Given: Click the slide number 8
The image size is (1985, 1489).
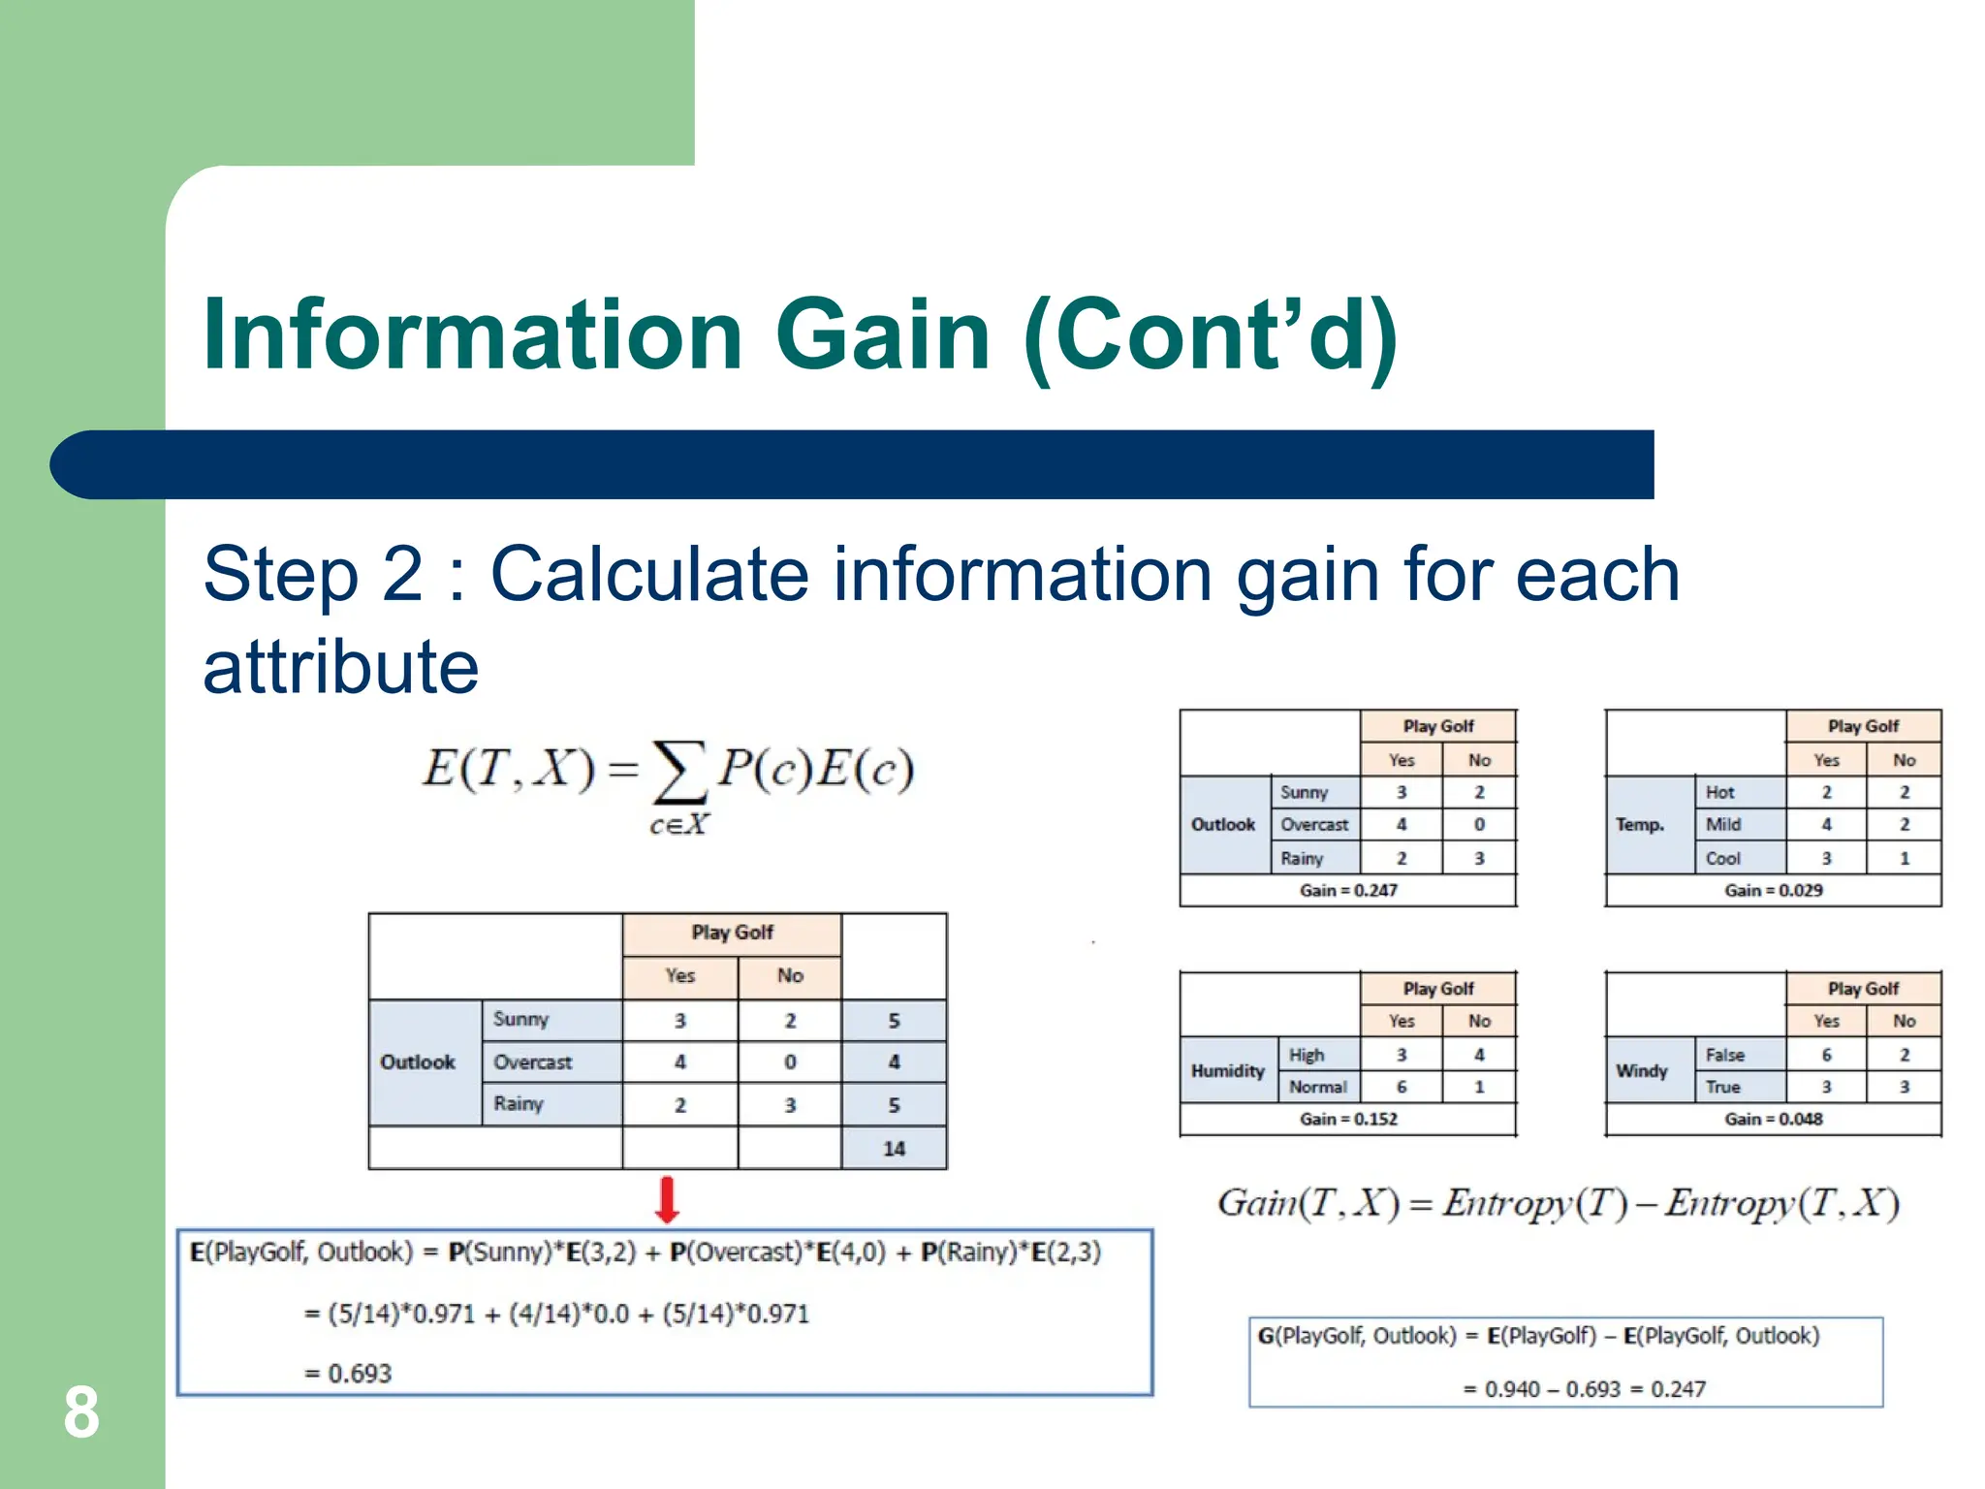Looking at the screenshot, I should pyautogui.click(x=81, y=1412).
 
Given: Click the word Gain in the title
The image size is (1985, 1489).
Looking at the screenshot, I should pyautogui.click(x=882, y=334).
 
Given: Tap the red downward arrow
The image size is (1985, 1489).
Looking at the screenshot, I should pyautogui.click(x=667, y=1200).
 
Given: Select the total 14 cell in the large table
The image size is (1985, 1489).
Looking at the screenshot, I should pyautogui.click(x=894, y=1149).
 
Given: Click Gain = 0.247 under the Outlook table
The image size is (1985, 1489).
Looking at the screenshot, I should pyautogui.click(x=1348, y=890).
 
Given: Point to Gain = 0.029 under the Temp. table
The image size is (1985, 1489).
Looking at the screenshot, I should pyautogui.click(x=1773, y=890).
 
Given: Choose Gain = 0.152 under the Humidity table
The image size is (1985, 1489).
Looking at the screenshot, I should pyautogui.click(x=1348, y=1119).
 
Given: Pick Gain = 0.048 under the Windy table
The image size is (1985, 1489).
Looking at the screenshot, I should pyautogui.click(x=1773, y=1119).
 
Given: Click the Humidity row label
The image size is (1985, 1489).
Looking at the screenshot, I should pyautogui.click(x=1227, y=1070).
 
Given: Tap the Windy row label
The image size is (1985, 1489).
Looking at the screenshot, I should pyautogui.click(x=1641, y=1070).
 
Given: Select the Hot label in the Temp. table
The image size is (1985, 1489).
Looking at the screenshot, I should pyautogui.click(x=1719, y=792).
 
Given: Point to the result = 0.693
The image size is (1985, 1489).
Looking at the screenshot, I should pyautogui.click(x=349, y=1373).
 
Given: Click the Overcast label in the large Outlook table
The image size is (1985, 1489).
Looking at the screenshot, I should pyautogui.click(x=532, y=1061).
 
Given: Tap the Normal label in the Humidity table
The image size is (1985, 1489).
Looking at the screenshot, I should pyautogui.click(x=1317, y=1087).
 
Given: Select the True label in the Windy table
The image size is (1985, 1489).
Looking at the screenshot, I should pyautogui.click(x=1722, y=1087).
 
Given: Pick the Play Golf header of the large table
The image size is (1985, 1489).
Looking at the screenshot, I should pyautogui.click(x=732, y=933).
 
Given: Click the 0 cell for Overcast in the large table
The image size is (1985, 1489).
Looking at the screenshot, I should pyautogui.click(x=790, y=1061).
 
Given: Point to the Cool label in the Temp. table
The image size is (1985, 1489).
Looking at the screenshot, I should pyautogui.click(x=1722, y=858).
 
